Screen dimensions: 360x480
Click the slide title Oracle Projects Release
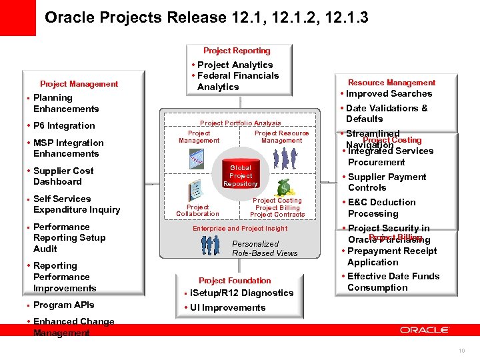[206, 17]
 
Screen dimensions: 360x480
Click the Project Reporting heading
[237, 51]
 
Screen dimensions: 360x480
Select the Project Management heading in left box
[79, 84]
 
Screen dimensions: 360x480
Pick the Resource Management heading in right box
[391, 83]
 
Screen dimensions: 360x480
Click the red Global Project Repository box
[240, 176]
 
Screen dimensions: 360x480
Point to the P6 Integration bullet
[64, 125]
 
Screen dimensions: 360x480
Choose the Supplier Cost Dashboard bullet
[63, 176]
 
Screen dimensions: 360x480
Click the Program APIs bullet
[63, 305]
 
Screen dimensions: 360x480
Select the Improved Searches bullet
[389, 94]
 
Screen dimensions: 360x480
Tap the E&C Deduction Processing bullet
[381, 208]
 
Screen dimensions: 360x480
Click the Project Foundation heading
[235, 281]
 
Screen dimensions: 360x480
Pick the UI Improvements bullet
[227, 307]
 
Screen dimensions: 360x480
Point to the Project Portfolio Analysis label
[240, 123]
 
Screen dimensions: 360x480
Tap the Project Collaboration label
[197, 211]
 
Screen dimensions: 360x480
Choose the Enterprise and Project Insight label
[240, 229]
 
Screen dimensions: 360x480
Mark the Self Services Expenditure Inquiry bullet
[76, 204]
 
